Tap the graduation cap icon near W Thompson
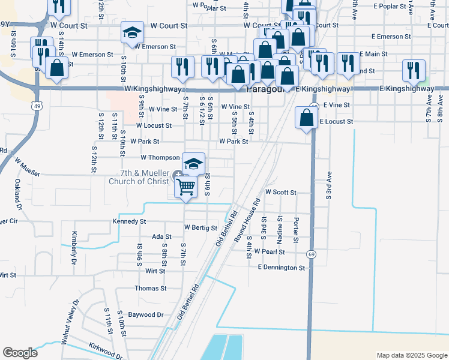[193, 163]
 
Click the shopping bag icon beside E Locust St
[306, 118]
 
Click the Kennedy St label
[130, 221]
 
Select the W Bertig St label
[200, 227]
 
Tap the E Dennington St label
[282, 267]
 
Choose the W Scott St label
[281, 193]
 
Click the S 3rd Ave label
[329, 185]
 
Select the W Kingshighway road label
[153, 88]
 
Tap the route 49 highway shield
[37, 106]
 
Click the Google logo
[20, 353]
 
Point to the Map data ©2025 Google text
[412, 355]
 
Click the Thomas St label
[150, 289]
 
